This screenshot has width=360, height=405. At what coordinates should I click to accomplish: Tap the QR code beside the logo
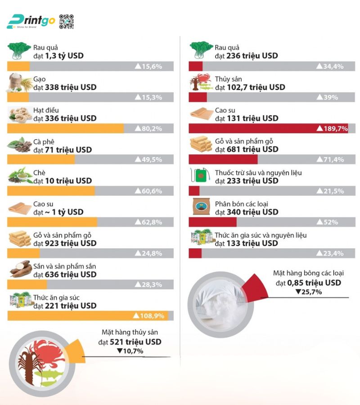(x=66, y=21)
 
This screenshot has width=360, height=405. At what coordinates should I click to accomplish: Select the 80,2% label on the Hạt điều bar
(x=148, y=128)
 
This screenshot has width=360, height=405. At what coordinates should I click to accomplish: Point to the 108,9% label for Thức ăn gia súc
(x=148, y=316)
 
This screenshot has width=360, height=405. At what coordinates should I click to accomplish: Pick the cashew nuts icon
(x=20, y=114)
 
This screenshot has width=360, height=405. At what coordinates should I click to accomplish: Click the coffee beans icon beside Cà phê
(x=20, y=146)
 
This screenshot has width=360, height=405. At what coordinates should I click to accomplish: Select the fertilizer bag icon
(x=200, y=207)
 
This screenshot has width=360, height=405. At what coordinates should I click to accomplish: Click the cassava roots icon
(x=20, y=270)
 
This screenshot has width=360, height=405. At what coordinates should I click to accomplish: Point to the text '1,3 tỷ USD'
(x=64, y=56)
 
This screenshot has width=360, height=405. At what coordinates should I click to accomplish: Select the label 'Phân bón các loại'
(x=246, y=204)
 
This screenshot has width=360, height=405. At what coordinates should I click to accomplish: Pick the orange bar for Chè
(x=51, y=191)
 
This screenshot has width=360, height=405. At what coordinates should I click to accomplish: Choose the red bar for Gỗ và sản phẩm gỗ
(x=223, y=159)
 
